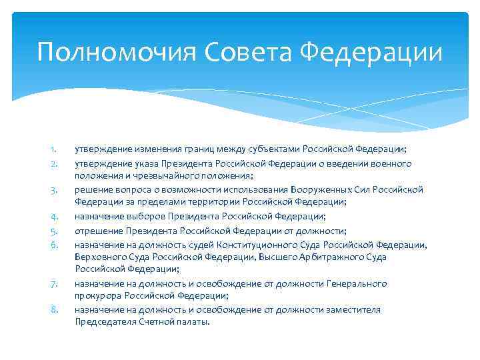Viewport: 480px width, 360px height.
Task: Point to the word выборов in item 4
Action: click(142, 217)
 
